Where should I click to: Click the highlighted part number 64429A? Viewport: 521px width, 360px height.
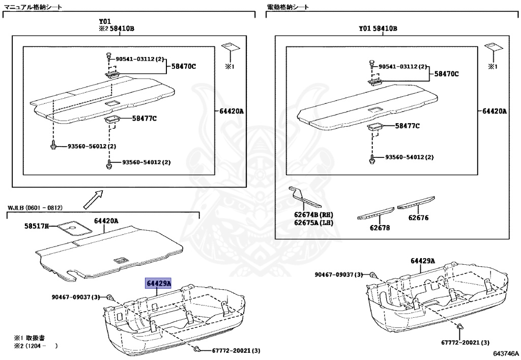pyautogui.click(x=159, y=283)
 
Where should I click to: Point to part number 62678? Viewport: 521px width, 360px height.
pyautogui.click(x=380, y=228)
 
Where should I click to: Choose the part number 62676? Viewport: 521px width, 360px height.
pyautogui.click(x=418, y=218)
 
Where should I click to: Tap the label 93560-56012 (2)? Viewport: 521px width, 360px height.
pyautogui.click(x=92, y=147)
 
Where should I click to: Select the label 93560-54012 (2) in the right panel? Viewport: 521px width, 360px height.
pyautogui.click(x=409, y=157)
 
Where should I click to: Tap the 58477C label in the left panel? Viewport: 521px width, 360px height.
pyautogui.click(x=144, y=119)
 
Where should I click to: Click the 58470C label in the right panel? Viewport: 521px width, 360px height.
pyautogui.click(x=446, y=74)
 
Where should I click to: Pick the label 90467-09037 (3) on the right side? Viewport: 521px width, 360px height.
pyautogui.click(x=339, y=274)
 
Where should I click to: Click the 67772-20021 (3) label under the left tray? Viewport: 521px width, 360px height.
pyautogui.click(x=231, y=350)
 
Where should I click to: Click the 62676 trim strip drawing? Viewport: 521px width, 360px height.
pyautogui.click(x=416, y=204)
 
